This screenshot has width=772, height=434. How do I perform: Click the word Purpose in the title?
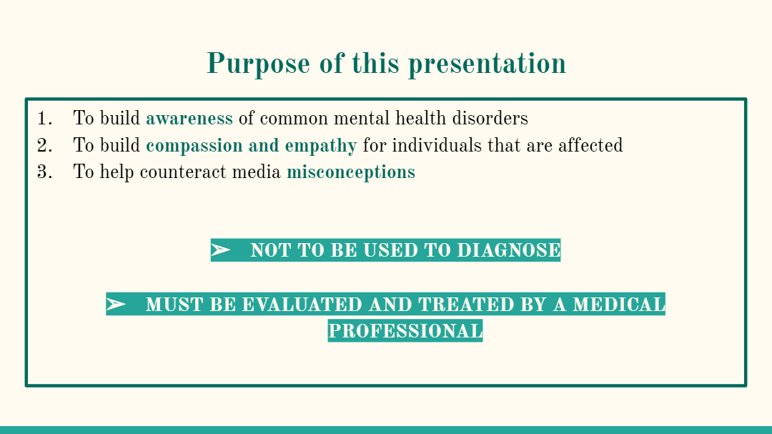pos(258,64)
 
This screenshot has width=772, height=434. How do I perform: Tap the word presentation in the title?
pos(487,64)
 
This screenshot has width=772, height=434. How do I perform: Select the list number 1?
pos(45,118)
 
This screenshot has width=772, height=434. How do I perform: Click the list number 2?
pos(45,145)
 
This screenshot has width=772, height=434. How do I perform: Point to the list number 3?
pos(45,172)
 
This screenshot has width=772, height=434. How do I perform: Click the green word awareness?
pos(189,119)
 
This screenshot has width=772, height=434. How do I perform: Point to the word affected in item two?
pos(590,145)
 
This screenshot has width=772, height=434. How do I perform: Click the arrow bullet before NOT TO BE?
pos(221,250)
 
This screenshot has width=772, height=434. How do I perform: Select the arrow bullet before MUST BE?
pos(116,304)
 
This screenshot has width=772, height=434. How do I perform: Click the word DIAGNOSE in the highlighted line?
pos(509,250)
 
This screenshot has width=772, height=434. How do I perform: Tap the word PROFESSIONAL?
pos(405,331)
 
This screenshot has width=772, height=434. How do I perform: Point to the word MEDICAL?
pos(619,305)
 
